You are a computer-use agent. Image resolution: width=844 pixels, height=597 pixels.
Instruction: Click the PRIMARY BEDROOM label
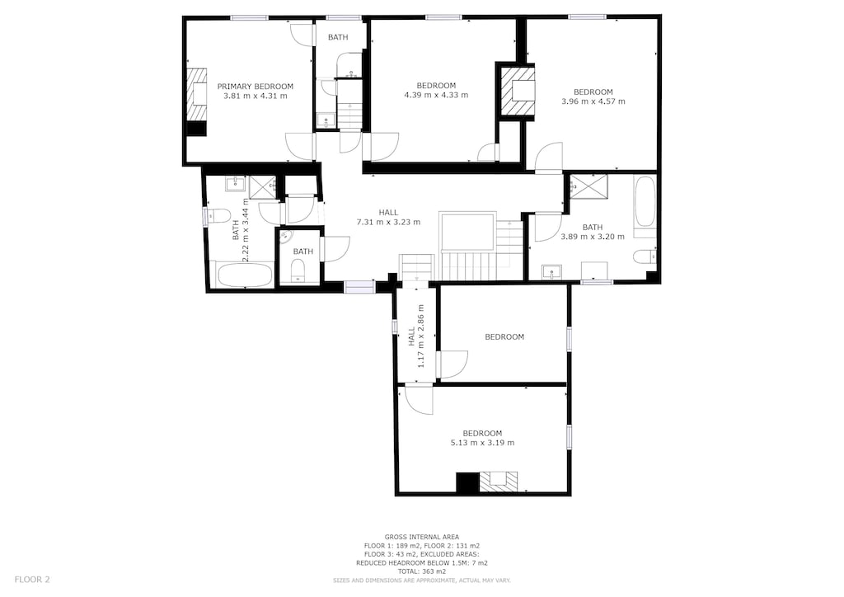click(255, 86)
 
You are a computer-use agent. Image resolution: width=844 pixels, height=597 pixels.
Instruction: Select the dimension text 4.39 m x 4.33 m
click(436, 95)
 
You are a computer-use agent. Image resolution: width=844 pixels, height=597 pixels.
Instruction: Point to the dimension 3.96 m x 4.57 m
click(593, 101)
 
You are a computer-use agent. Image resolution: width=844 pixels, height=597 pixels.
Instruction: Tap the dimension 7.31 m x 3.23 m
click(388, 222)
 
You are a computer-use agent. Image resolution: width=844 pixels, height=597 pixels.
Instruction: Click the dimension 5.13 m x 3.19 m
click(482, 443)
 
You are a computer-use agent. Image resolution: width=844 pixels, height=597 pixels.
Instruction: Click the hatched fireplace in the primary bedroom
click(196, 94)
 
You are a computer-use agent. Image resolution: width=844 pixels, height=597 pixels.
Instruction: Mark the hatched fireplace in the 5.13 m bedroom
click(499, 482)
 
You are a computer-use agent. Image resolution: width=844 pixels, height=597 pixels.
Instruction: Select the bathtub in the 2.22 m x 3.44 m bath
click(244, 275)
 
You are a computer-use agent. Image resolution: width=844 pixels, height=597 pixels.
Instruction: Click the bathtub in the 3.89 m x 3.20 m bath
click(645, 204)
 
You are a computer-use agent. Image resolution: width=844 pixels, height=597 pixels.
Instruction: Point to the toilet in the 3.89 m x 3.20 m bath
click(643, 256)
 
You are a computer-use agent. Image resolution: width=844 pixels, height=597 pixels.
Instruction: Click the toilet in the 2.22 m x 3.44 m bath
click(218, 216)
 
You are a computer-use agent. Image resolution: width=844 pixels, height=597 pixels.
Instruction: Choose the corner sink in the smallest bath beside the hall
click(284, 237)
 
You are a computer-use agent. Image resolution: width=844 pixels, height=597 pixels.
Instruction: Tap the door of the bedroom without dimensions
click(452, 364)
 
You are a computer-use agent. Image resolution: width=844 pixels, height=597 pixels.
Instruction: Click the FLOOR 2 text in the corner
click(32, 579)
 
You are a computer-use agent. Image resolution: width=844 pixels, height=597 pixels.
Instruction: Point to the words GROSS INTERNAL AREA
click(422, 537)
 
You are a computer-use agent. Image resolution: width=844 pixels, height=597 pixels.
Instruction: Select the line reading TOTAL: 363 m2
click(422, 571)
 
